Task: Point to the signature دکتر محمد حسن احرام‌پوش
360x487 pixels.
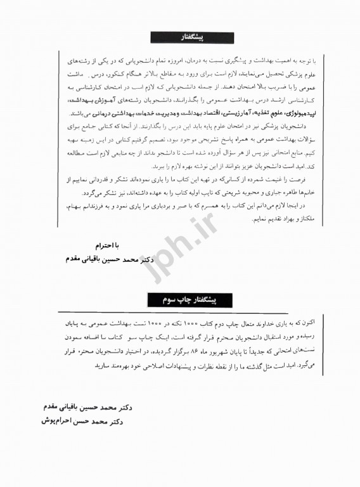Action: (76, 420)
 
